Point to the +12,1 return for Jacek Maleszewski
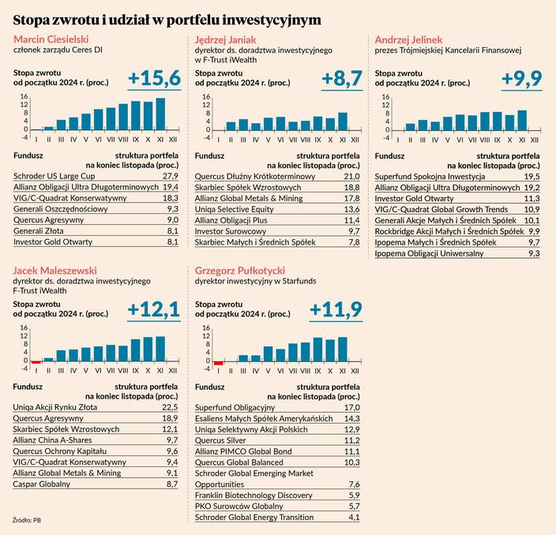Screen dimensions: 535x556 pos(153,308)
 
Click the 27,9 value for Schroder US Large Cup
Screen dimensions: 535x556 pos(170,174)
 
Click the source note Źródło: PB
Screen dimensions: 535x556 pos(28,520)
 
